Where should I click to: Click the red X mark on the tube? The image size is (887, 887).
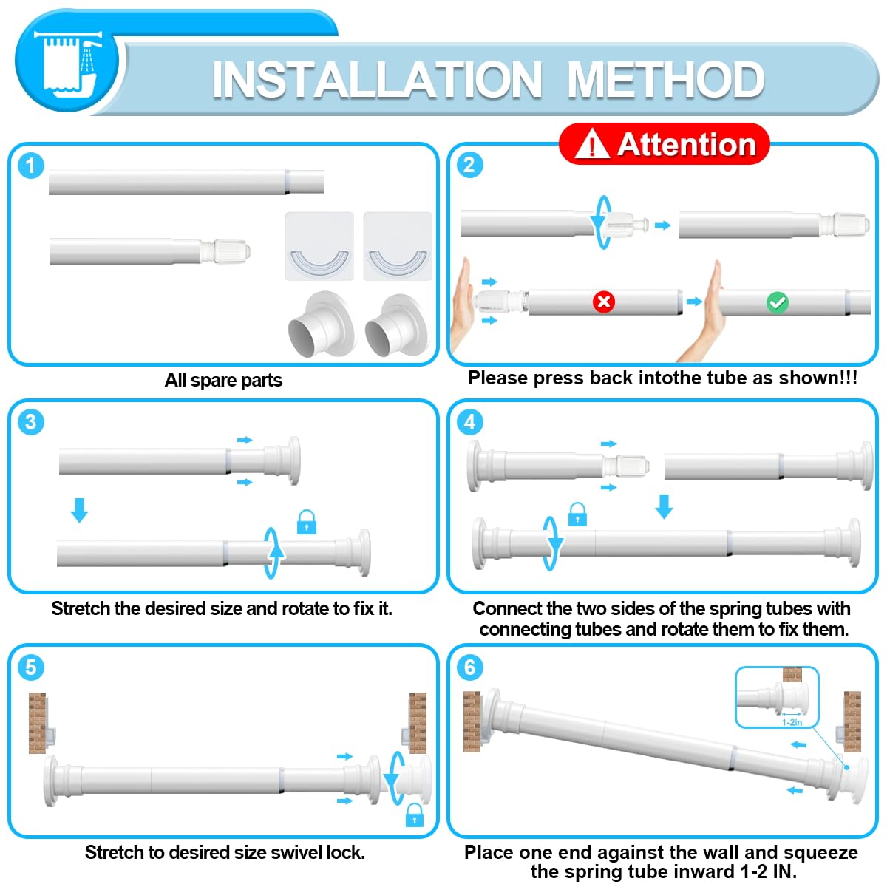[x=603, y=302]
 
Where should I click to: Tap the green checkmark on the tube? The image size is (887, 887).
[x=777, y=302]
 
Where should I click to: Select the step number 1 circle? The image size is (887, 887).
[x=31, y=166]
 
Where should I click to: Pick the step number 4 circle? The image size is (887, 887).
[x=469, y=421]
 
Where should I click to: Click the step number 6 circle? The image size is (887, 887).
[x=469, y=667]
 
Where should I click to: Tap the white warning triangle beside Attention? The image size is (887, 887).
[x=592, y=143]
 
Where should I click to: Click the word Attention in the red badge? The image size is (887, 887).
[x=687, y=145]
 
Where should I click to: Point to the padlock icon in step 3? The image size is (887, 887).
[x=307, y=522]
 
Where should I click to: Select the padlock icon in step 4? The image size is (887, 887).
[x=577, y=514]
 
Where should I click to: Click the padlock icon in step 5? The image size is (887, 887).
[x=414, y=815]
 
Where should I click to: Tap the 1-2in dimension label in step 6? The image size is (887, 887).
[x=792, y=722]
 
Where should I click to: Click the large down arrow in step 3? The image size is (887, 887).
[x=80, y=510]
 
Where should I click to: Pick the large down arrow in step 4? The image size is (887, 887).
[x=664, y=507]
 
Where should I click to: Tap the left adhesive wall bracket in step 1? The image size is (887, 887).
[x=319, y=246]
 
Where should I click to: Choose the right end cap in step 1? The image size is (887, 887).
[x=397, y=326]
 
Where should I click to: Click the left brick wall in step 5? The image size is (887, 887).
[x=37, y=723]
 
